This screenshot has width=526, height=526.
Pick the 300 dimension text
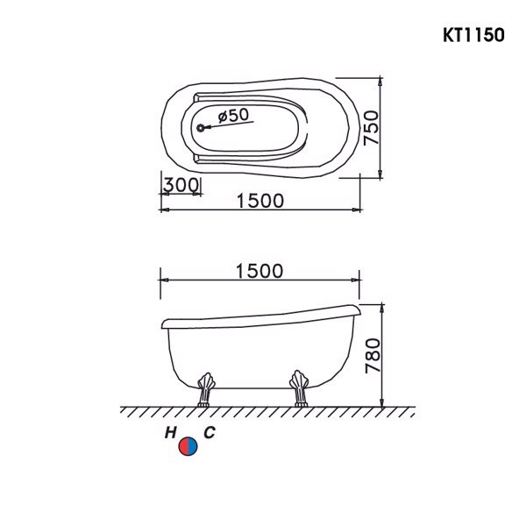[x=180, y=185]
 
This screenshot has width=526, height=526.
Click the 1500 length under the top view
[x=259, y=201]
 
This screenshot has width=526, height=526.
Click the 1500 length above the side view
[x=259, y=271]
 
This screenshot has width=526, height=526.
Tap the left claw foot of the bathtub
[x=207, y=389]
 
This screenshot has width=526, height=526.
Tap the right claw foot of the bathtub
[x=300, y=389]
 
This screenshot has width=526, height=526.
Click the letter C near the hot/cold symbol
[x=209, y=433]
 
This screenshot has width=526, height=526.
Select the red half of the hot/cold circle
[x=183, y=446]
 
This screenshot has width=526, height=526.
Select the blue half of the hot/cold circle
[x=193, y=446]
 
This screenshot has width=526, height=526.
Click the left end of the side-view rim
[x=164, y=323]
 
